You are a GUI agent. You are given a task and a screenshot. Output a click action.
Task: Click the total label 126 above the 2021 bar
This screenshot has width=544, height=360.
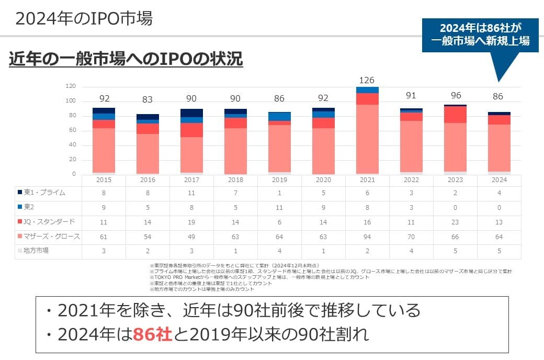click(x=367, y=80)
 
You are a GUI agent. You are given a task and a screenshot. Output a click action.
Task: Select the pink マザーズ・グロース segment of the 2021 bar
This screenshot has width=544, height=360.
click(x=367, y=139)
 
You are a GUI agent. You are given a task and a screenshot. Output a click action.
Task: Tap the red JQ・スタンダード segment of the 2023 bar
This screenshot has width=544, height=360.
click(x=455, y=114)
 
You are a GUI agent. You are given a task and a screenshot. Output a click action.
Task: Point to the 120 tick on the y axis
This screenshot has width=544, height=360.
click(x=71, y=86)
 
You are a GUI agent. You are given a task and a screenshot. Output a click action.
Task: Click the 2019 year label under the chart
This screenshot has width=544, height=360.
click(x=279, y=179)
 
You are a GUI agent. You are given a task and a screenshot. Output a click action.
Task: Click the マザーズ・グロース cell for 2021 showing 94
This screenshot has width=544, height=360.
click(x=367, y=237)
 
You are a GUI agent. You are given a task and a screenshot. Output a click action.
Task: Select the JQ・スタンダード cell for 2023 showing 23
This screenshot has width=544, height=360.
click(x=455, y=222)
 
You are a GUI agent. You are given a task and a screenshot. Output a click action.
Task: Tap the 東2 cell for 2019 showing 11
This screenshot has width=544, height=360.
click(x=279, y=207)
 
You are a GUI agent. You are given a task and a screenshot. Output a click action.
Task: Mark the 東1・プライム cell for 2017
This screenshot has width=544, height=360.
click(x=191, y=193)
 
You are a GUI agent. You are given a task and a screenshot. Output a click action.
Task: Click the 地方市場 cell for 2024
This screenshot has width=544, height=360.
click(x=499, y=251)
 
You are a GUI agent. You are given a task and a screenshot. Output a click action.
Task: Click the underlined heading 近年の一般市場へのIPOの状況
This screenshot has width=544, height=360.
click(x=126, y=59)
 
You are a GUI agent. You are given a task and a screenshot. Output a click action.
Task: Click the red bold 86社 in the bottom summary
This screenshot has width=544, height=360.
click(x=152, y=334)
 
